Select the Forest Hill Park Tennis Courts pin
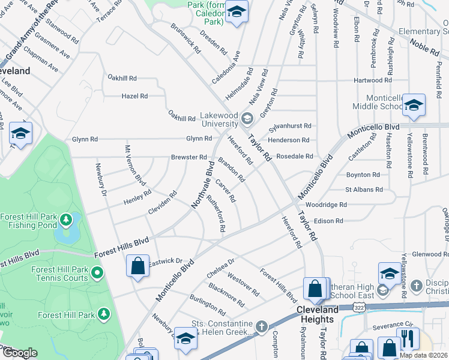pyautogui.click(x=97, y=274)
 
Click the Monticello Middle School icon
pyautogui.click(x=414, y=106)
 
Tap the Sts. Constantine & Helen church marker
pyautogui.click(x=261, y=326)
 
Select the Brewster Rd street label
pyautogui.click(x=188, y=157)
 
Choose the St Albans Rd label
pyautogui.click(x=364, y=190)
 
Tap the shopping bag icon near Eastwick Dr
pyautogui.click(x=137, y=266)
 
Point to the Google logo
pyautogui.click(x=20, y=353)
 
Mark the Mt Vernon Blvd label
pyautogui.click(x=135, y=165)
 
